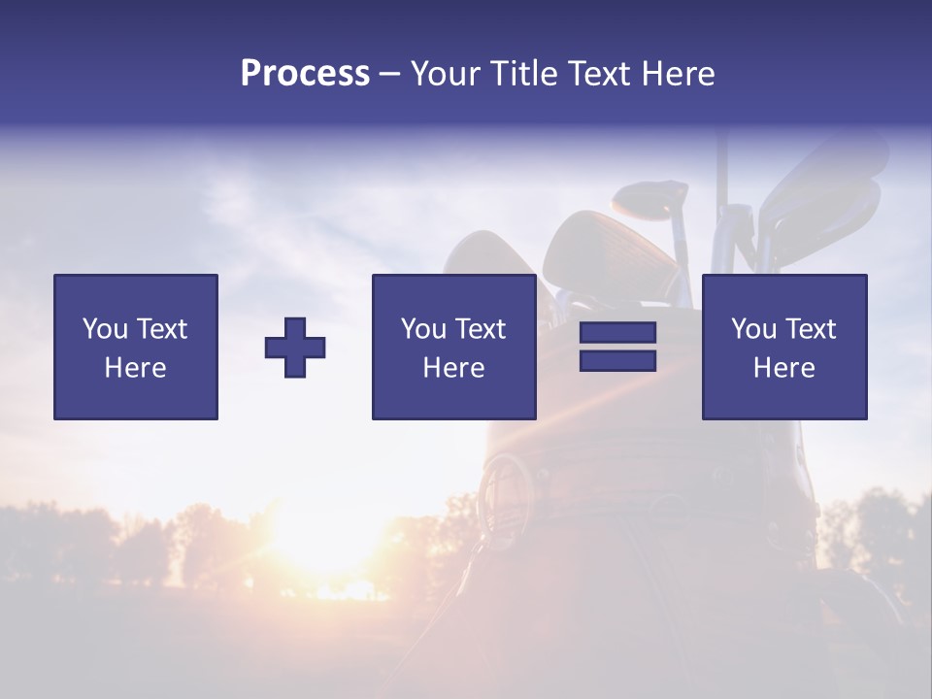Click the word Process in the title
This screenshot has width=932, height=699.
click(305, 74)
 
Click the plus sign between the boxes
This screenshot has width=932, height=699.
click(295, 348)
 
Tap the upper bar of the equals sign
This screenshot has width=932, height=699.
click(617, 332)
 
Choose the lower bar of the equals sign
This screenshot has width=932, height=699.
click(617, 361)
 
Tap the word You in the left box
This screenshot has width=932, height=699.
click(105, 329)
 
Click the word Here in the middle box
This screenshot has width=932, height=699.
click(453, 368)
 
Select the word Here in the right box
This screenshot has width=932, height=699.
click(783, 368)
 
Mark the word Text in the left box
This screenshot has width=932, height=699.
click(162, 329)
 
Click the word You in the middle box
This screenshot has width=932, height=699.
click(423, 329)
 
